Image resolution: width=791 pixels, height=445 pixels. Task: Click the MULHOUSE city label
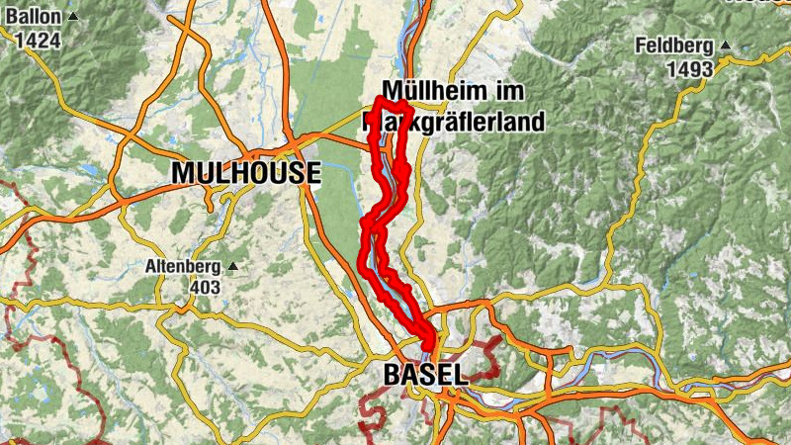[245, 173]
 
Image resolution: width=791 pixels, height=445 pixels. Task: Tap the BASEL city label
[423, 375]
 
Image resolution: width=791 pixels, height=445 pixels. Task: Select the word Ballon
[30, 17]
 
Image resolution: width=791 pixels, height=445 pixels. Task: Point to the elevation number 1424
[38, 41]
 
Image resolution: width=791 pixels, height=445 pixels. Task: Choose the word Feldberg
[677, 45]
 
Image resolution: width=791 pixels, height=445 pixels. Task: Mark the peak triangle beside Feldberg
[724, 46]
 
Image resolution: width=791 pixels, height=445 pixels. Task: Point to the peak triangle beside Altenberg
[233, 266]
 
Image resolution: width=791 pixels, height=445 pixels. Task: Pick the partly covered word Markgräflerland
[460, 123]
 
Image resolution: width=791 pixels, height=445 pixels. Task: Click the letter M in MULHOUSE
[182, 173]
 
